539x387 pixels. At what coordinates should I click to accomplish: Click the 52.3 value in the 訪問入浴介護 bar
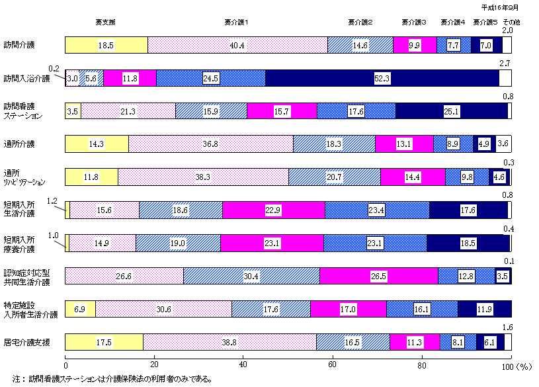coord(381,78)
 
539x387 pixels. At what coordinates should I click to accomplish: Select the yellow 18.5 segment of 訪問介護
coord(106,45)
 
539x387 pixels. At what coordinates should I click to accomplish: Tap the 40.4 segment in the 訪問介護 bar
coord(237,45)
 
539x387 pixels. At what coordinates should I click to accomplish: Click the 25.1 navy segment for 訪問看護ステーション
coord(452,111)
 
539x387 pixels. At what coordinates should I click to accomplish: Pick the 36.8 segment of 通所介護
coord(210,144)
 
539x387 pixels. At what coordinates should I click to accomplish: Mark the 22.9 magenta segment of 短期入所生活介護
coord(273,210)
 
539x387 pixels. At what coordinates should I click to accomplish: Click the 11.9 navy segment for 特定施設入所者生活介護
coord(483,309)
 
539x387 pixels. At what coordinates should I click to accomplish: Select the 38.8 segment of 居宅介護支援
coord(229,342)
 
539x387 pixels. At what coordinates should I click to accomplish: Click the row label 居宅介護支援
coord(26,342)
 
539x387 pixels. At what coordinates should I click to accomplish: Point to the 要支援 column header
coord(106,22)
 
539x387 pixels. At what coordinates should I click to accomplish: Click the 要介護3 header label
coord(414,22)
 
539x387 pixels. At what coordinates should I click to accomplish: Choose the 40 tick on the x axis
coord(243,366)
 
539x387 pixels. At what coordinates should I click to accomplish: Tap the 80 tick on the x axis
coord(422,366)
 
